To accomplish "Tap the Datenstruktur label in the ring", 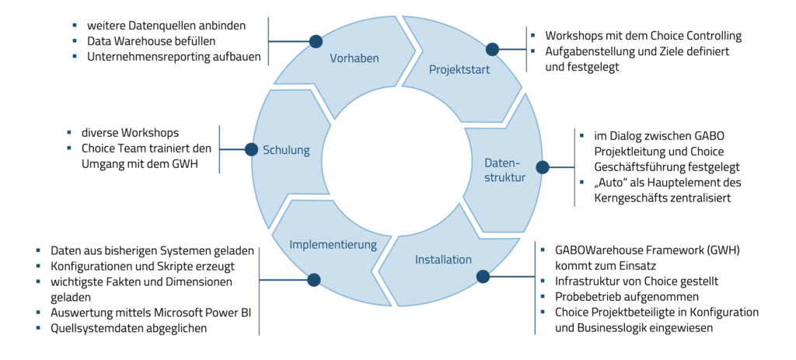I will point(505,171).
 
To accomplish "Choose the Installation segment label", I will point(443,259).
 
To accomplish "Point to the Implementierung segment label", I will point(333,244).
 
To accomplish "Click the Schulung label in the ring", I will point(286,150).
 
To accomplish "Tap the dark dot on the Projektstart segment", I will point(493,49).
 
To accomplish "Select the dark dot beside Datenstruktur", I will point(543,166).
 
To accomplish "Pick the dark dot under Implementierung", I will point(314,279).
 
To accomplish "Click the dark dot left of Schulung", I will point(250,149).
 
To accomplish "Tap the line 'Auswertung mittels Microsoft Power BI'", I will point(148,312).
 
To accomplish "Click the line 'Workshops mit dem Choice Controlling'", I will point(641,36).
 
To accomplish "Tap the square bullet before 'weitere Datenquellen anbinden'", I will point(75,26).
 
